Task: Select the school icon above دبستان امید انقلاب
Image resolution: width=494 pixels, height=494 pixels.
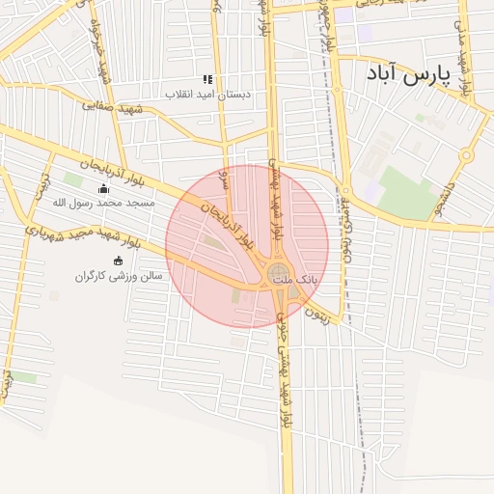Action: click(207, 79)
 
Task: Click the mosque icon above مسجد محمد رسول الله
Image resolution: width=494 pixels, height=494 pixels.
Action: click(104, 188)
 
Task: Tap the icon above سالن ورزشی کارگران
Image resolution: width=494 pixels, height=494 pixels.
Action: click(119, 261)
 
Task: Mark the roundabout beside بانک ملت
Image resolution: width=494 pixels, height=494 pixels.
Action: click(278, 272)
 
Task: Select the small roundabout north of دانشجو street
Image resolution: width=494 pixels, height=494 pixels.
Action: click(467, 154)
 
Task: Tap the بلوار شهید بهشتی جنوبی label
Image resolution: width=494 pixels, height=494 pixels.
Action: click(286, 386)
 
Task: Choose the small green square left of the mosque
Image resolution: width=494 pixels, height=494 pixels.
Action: click(72, 180)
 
